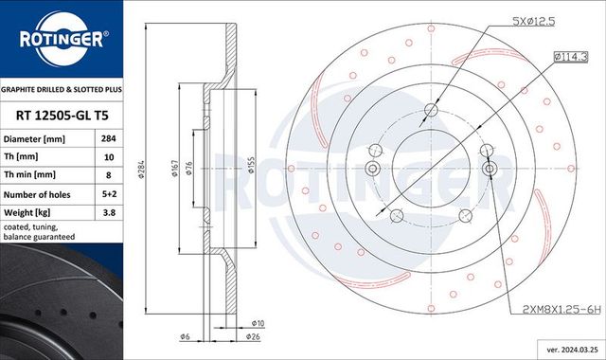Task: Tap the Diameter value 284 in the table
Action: click(x=108, y=139)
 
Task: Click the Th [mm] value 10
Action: click(x=108, y=156)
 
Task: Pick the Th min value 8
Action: click(x=108, y=174)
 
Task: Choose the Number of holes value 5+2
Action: click(x=108, y=193)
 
